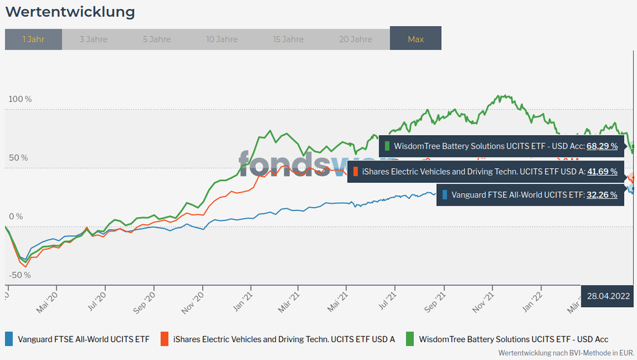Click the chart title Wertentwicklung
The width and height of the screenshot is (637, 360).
click(70, 12)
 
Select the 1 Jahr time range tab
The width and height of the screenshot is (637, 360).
click(33, 39)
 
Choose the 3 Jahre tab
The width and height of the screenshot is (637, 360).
click(93, 39)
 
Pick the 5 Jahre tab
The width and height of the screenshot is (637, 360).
click(156, 39)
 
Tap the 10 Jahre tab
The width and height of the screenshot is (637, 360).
click(222, 39)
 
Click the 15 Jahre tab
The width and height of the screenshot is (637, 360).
click(288, 39)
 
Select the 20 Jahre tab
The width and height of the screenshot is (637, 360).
click(355, 39)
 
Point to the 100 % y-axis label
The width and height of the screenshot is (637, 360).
click(20, 99)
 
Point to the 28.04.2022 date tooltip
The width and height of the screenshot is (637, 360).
click(608, 296)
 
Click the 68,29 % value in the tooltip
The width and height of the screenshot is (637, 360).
click(602, 146)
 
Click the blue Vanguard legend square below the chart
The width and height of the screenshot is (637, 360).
click(10, 339)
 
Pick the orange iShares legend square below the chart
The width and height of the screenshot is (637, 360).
click(165, 339)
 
